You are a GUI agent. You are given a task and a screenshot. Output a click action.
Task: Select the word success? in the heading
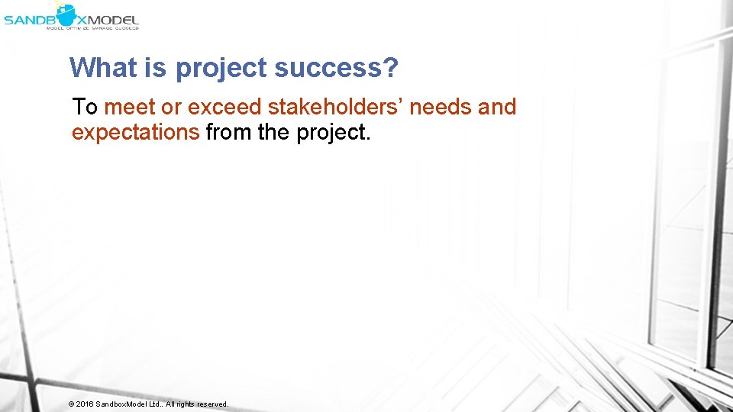pos(336,68)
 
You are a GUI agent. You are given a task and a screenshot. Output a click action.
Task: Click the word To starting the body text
pos(85,107)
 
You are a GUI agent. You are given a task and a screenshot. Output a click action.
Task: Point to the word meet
pos(129,107)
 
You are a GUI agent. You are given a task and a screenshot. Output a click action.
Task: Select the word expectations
pos(135,133)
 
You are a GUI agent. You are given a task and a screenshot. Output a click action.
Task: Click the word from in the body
pos(229,132)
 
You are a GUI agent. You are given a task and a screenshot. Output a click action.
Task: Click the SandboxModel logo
pos(71,14)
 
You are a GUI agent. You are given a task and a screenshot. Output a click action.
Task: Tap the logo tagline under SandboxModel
pos(92,27)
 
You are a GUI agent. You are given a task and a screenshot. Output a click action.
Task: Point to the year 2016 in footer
pos(85,404)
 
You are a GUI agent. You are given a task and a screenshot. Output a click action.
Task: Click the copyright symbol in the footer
pos(70,404)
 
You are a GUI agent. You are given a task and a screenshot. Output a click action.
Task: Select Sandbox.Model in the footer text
pos(121,404)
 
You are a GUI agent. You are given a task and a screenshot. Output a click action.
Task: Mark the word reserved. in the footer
pos(212,404)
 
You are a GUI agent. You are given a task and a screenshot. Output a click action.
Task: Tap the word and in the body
pos(498,107)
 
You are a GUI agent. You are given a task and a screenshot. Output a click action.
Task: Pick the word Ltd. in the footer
pos(155,404)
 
